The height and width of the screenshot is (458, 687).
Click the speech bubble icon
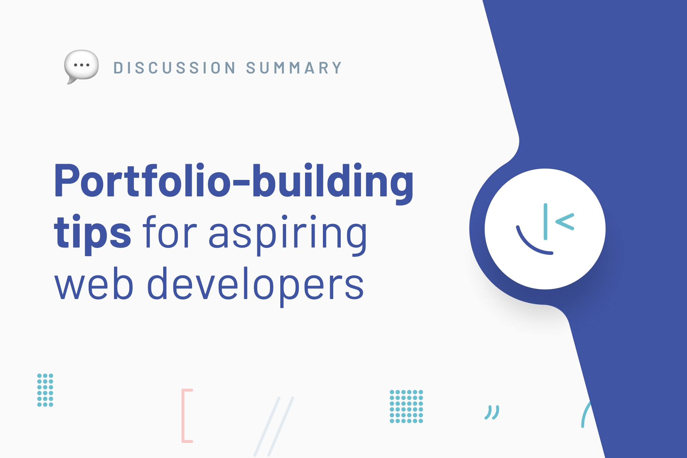pyautogui.click(x=81, y=66)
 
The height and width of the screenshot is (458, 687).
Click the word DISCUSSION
pyautogui.click(x=175, y=68)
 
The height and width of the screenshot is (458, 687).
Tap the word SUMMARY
pyautogui.click(x=294, y=68)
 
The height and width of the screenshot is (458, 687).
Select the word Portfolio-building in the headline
pyautogui.click(x=234, y=182)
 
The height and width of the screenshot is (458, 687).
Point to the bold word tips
pyautogui.click(x=92, y=232)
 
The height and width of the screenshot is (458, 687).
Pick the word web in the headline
pyautogui.click(x=93, y=283)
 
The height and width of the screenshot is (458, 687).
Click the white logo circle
pyautogui.click(x=545, y=229)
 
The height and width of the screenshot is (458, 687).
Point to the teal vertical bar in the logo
pyautogui.click(x=545, y=221)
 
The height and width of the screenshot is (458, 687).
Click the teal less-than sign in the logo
pyautogui.click(x=565, y=221)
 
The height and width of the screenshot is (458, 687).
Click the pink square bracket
pyautogui.click(x=183, y=415)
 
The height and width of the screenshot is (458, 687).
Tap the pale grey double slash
pyautogui.click(x=274, y=426)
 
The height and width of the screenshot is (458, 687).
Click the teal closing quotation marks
pyautogui.click(x=492, y=412)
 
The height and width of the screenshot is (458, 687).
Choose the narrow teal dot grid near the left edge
pyautogui.click(x=45, y=390)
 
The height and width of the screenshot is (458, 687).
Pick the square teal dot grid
pyautogui.click(x=406, y=407)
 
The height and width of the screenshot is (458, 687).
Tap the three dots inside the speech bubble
pyautogui.click(x=82, y=65)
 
